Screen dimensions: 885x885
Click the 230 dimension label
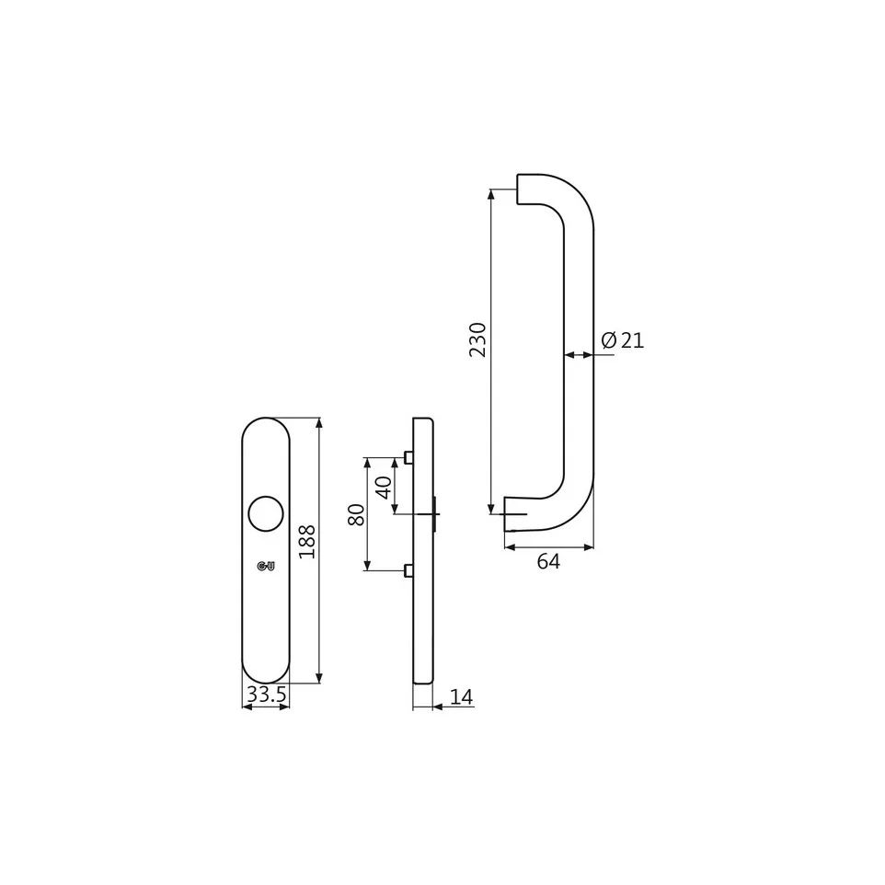[x=477, y=339]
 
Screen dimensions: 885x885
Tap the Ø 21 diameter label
[x=623, y=340]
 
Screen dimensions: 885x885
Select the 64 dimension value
[x=548, y=561]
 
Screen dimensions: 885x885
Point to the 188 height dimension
[x=307, y=542]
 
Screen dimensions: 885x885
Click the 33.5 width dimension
[x=267, y=695]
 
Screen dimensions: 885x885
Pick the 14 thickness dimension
[x=462, y=697]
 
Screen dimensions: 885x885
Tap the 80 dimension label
[x=357, y=515]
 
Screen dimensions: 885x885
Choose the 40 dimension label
[x=384, y=488]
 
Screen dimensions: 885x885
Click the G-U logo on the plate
[x=266, y=566]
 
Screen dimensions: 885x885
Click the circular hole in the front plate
[x=266, y=513]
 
